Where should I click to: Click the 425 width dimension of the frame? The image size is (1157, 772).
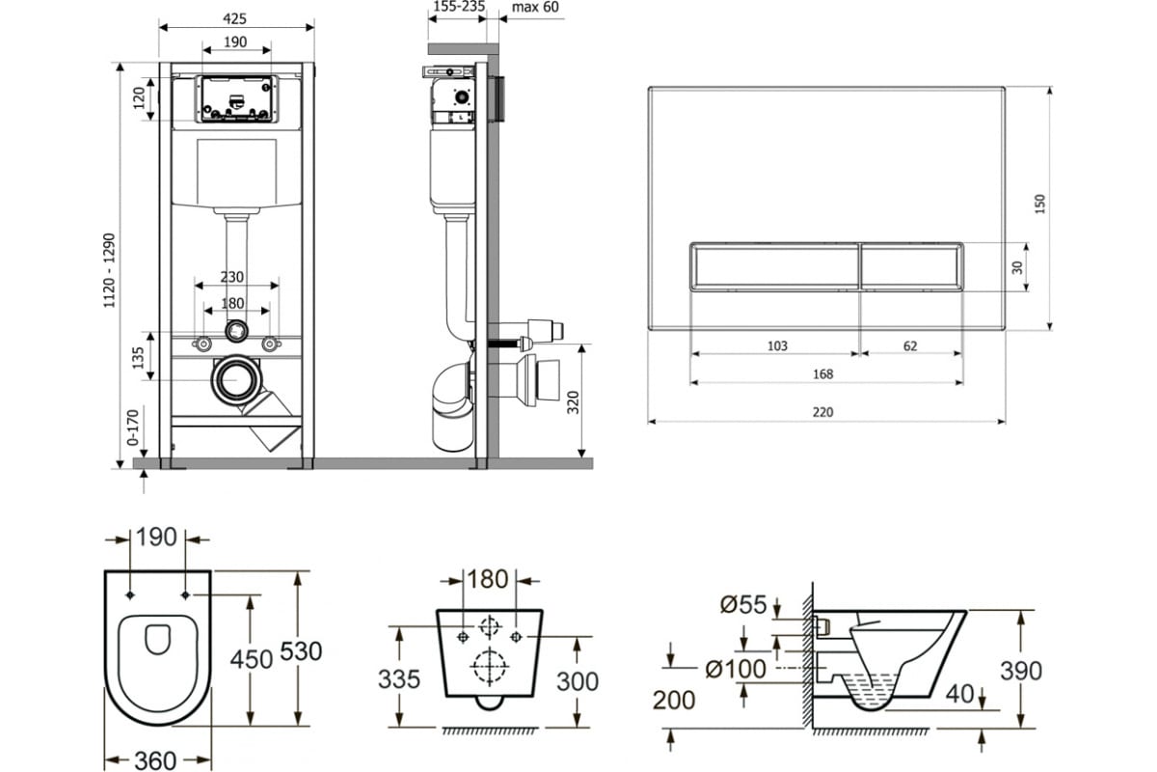234,18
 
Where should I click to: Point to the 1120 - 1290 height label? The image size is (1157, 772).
110,270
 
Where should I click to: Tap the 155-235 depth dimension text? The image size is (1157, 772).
459,7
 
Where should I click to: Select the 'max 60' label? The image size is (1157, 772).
535,8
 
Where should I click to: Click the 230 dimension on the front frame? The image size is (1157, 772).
232,277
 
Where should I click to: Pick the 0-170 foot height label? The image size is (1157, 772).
133,427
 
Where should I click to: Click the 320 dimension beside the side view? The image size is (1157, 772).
574,402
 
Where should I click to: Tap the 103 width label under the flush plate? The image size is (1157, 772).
777,345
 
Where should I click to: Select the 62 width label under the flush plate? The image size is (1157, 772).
910,345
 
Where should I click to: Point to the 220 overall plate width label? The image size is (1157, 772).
822,412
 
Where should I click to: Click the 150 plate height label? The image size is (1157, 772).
1040,204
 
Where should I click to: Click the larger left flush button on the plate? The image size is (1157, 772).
774,265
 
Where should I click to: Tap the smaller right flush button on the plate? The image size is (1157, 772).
911,265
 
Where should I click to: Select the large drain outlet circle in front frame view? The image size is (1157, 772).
237,380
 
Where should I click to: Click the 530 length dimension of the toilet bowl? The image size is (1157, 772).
301,651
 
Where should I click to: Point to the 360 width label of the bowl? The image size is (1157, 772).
155,760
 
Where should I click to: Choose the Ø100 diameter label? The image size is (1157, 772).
736,669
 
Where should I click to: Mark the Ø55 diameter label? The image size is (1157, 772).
743,604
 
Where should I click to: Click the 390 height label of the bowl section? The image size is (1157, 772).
1021,672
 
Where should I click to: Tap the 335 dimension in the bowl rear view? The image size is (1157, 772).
399,679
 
